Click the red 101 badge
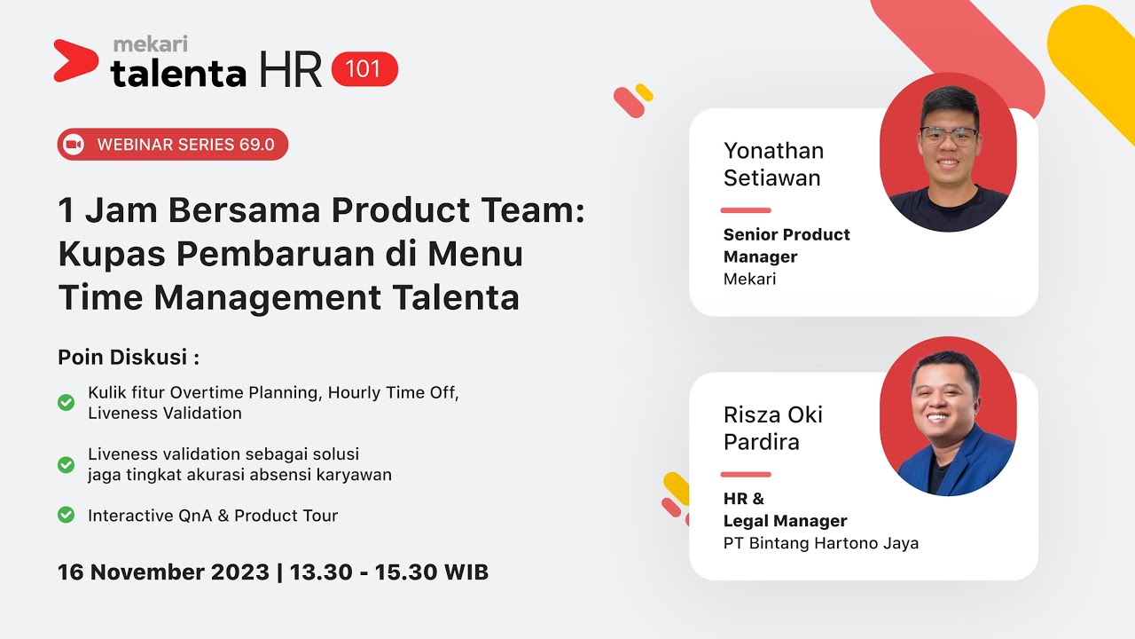pos(364,69)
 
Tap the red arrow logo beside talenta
pos(74,60)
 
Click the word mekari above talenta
pos(151,43)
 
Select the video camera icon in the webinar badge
pos(74,145)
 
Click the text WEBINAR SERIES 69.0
pos(185,145)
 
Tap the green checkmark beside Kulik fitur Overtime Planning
pos(66,402)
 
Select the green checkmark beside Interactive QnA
pos(66,514)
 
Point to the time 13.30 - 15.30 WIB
pos(388,572)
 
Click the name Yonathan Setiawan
pos(773,164)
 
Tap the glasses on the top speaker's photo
pos(948,136)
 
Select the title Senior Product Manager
pos(786,246)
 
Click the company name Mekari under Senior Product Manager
pos(749,279)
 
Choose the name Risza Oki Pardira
pos(773,428)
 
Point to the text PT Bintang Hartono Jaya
pos(820,543)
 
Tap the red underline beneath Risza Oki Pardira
pos(745,474)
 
